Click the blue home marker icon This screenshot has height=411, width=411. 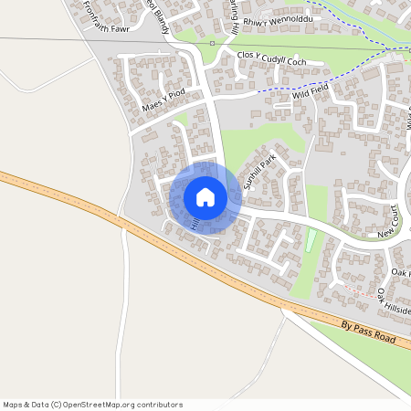(205, 197)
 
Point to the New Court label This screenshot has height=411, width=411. (388, 222)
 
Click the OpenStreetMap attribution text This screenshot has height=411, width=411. (92, 405)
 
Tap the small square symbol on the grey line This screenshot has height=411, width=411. (212, 43)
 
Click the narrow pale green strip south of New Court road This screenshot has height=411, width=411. (311, 241)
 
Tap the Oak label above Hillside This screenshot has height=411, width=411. (399, 272)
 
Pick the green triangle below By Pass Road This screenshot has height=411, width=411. (365, 356)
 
